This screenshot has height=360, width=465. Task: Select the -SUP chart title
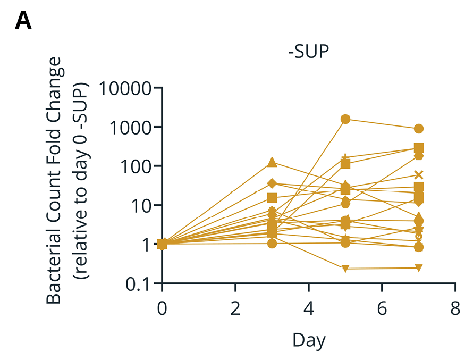[x=309, y=53]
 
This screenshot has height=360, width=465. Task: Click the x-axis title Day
[x=308, y=340]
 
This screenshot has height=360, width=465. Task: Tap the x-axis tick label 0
[x=162, y=308]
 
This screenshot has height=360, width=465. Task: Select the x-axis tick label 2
[x=235, y=308]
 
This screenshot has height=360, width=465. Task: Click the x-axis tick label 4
[x=309, y=308]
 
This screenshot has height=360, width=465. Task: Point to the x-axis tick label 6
[x=382, y=308]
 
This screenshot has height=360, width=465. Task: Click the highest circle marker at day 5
[x=345, y=119]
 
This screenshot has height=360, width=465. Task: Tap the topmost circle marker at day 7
[x=419, y=129]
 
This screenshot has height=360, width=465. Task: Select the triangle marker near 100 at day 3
[x=272, y=163]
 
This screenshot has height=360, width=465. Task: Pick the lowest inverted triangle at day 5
[x=345, y=269]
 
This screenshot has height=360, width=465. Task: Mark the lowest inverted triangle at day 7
[x=419, y=267]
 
